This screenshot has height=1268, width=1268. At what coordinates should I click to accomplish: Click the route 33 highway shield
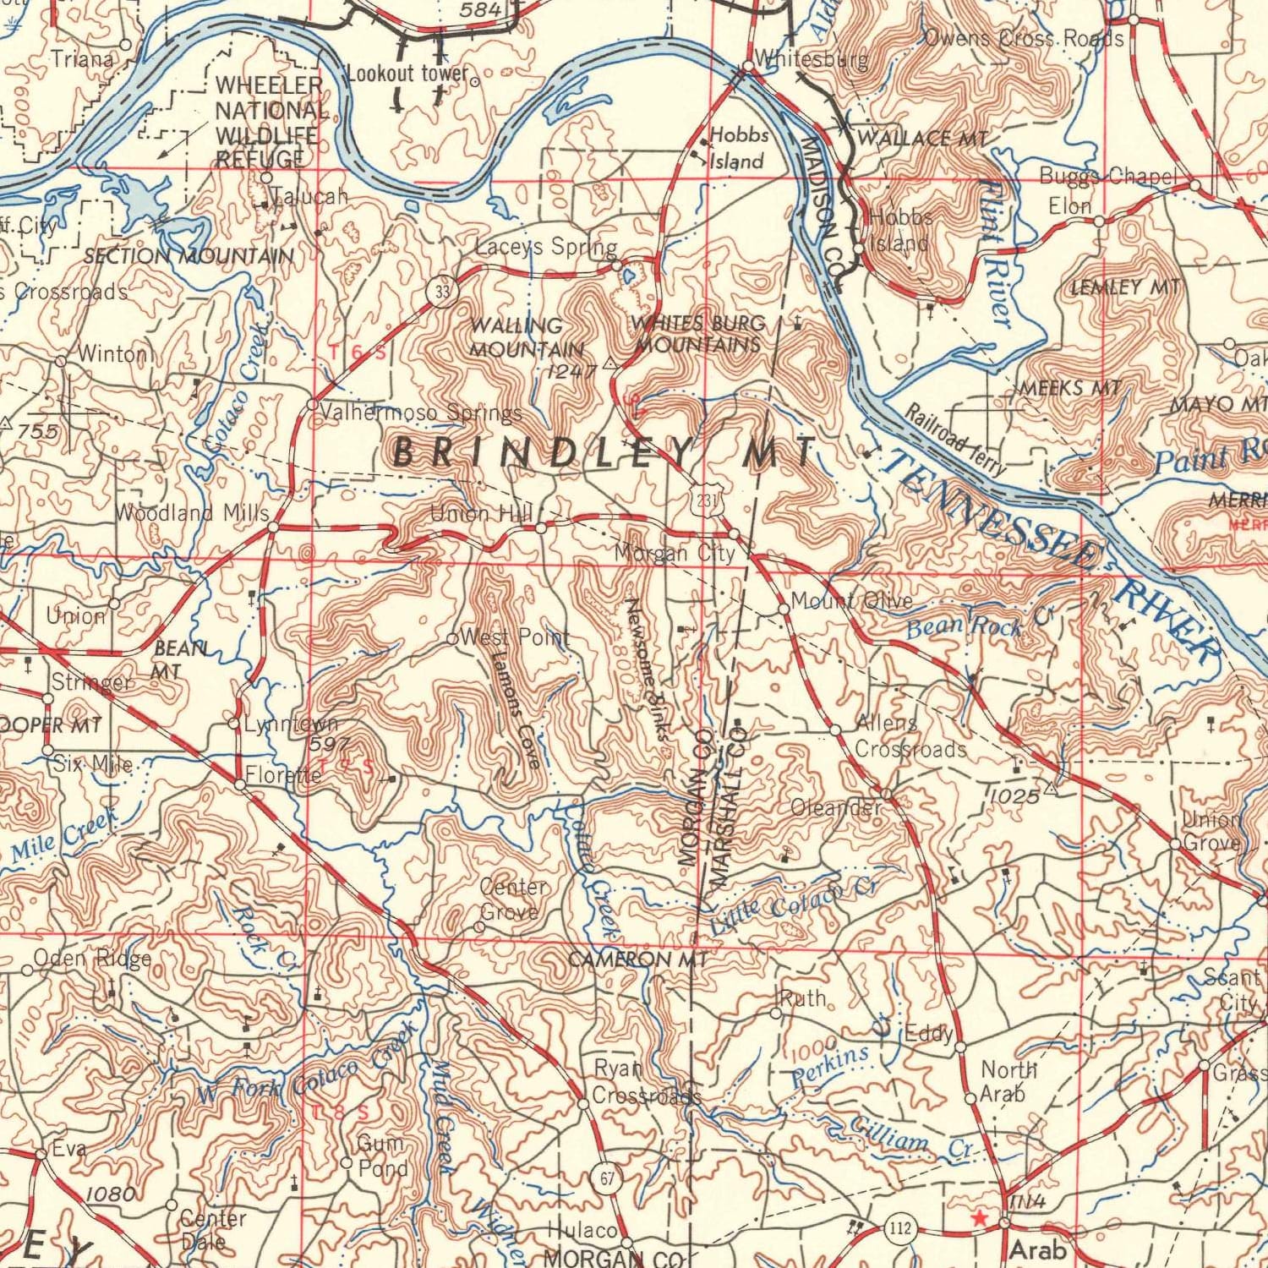point(440,291)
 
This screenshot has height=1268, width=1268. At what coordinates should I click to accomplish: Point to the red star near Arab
point(979,1218)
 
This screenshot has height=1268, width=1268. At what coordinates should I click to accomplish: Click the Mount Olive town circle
point(784,608)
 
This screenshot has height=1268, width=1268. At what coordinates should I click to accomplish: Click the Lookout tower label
point(407,74)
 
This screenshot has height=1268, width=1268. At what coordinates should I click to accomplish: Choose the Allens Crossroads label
point(910,736)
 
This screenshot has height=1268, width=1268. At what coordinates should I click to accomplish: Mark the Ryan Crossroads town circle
point(582,1104)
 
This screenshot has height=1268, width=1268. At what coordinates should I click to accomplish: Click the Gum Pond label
point(383,1156)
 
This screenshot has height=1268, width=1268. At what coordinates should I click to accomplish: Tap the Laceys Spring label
point(545,247)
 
